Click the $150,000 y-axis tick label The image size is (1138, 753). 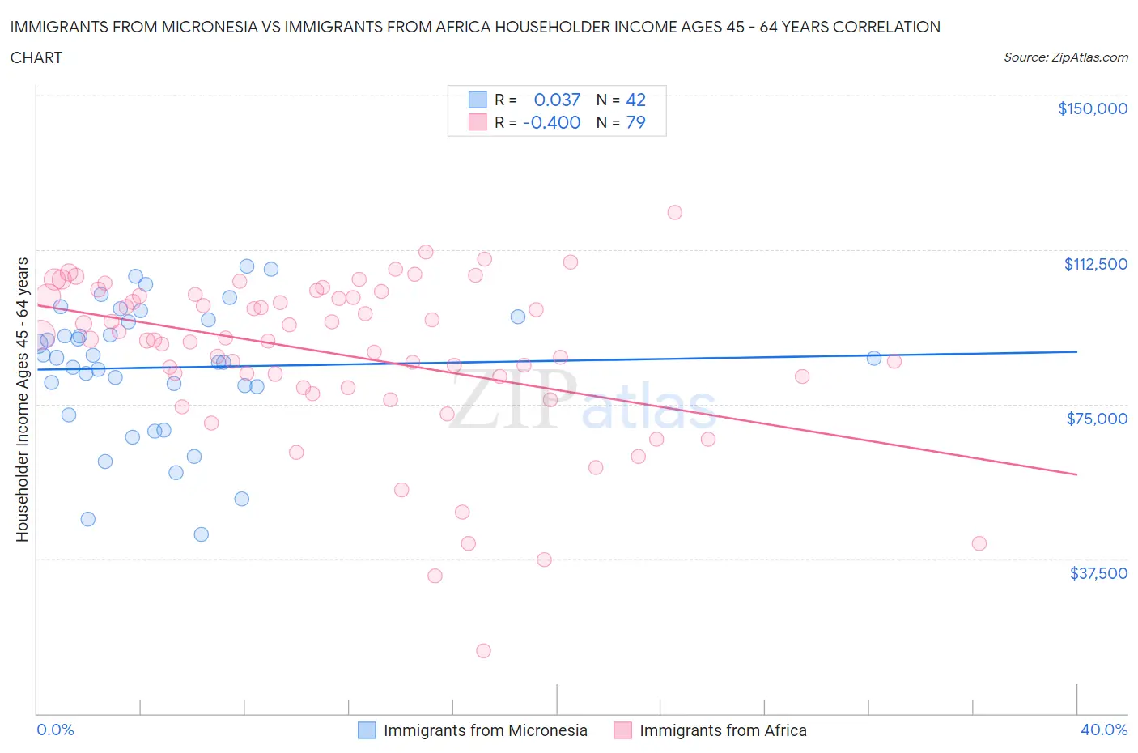point(1092,108)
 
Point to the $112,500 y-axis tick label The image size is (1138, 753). point(1095,264)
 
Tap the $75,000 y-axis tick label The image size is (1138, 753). point(1096,419)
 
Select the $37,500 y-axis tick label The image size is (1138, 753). point(1098,573)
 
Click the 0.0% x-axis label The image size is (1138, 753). point(55,730)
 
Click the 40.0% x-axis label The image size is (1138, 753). point(1104,730)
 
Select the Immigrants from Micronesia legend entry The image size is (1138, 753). point(473,730)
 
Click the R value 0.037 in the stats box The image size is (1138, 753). point(557,100)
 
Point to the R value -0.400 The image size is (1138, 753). point(552,122)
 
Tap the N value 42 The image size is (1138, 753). point(636,100)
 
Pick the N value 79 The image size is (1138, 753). point(636,122)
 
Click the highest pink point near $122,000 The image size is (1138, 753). point(674,212)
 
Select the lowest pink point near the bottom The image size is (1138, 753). point(483,650)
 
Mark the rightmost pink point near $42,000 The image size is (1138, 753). point(979,543)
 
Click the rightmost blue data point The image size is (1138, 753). point(874,358)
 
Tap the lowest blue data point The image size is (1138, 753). point(202,534)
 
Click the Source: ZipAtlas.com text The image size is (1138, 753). point(1065,57)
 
